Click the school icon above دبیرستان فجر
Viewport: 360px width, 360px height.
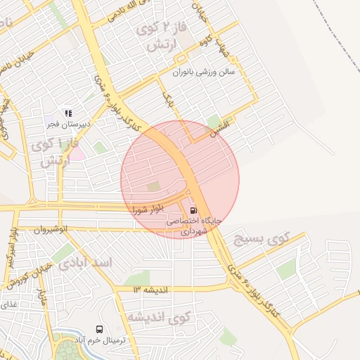coord(68,112)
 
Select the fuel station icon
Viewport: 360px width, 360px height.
coord(193,210)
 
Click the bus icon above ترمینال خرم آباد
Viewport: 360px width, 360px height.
coord(99,329)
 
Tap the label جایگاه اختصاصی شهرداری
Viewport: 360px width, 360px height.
coord(193,225)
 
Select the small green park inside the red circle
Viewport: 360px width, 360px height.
coord(153,186)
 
